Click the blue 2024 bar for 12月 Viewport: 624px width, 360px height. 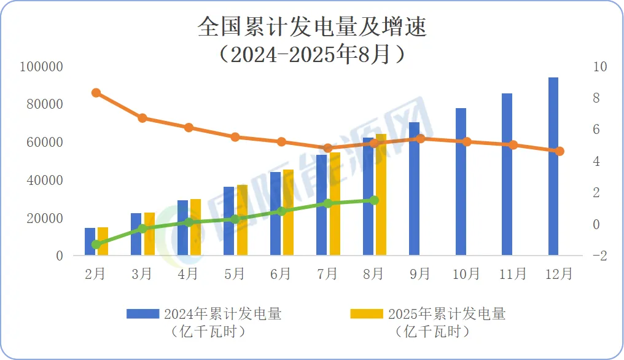click(x=553, y=166)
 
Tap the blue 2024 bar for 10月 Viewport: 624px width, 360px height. click(x=461, y=182)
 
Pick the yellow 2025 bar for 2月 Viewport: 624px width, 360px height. click(x=103, y=241)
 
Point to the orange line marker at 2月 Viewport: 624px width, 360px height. click(x=96, y=93)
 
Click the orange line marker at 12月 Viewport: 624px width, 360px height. click(x=560, y=151)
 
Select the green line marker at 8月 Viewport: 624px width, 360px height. click(x=374, y=200)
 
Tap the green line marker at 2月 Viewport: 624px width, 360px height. click(x=96, y=245)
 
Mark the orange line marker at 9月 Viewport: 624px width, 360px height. click(x=420, y=139)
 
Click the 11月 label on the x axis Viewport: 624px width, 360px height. click(x=513, y=273)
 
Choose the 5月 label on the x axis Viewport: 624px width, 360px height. click(x=235, y=273)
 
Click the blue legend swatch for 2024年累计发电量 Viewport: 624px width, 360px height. click(x=142, y=314)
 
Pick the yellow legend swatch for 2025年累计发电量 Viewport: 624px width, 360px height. click(x=366, y=314)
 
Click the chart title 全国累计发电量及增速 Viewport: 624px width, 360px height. click(x=312, y=28)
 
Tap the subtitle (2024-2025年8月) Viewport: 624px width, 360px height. click(x=312, y=55)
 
